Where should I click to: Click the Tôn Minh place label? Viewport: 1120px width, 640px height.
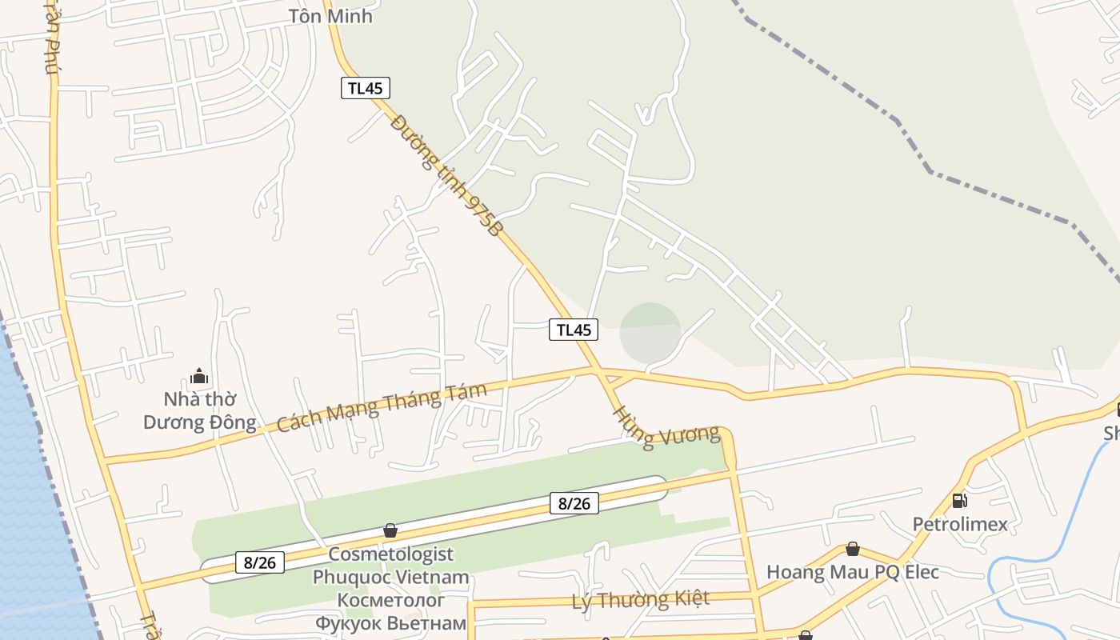(x=330, y=16)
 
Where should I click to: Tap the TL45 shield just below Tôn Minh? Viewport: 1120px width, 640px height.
(x=366, y=88)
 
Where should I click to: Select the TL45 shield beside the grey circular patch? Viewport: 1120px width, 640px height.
(x=574, y=329)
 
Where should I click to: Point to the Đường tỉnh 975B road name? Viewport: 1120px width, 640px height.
(x=448, y=174)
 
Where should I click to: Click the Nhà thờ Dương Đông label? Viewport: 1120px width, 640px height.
(x=200, y=410)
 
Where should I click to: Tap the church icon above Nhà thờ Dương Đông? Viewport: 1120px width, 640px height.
(x=199, y=375)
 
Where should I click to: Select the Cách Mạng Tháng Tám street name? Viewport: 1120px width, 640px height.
(x=382, y=407)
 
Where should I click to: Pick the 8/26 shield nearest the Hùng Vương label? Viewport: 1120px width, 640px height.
(x=574, y=503)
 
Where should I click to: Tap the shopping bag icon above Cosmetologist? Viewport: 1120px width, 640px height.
(x=390, y=530)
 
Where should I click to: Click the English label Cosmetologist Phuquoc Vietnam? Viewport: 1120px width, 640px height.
(x=390, y=565)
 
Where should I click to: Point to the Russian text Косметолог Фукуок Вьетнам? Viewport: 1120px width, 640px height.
(x=390, y=611)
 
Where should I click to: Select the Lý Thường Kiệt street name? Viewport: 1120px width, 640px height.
(x=641, y=599)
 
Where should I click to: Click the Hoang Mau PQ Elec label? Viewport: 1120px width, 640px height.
(x=853, y=572)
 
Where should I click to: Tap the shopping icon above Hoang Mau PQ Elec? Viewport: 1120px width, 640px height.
(x=853, y=549)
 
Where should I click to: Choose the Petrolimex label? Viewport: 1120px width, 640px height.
(x=960, y=524)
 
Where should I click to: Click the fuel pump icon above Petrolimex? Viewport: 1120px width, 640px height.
(x=959, y=501)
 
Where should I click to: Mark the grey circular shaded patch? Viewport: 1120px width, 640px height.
(x=650, y=331)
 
